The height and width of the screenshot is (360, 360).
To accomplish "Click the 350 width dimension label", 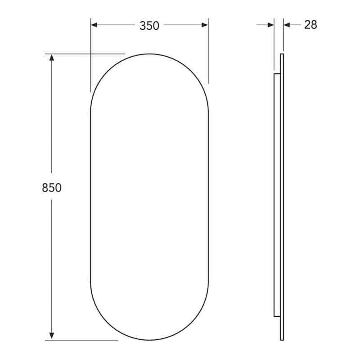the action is [149, 26].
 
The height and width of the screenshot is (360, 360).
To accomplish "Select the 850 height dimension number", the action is [52, 188].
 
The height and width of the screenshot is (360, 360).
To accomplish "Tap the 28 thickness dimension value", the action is [310, 25].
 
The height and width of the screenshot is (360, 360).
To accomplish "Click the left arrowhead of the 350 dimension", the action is [94, 25].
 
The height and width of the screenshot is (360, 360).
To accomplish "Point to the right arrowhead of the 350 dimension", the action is [205, 25].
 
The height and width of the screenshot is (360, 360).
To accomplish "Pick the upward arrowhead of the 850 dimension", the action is [52, 58].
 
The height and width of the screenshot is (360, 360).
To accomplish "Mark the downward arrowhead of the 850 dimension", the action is [52, 336].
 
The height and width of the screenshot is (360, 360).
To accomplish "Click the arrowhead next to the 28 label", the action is [287, 25].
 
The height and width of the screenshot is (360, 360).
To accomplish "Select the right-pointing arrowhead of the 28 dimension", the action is [271, 25].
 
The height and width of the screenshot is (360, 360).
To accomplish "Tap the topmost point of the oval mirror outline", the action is [149, 54].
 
